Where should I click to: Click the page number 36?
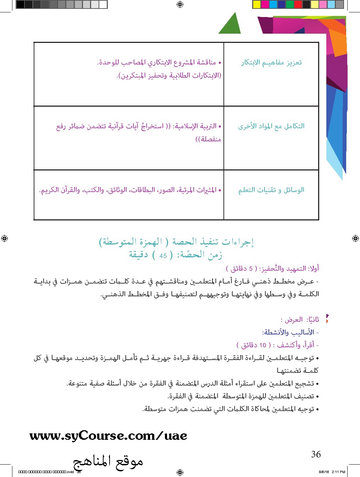pos(316,454)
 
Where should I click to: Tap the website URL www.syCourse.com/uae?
pos(108,436)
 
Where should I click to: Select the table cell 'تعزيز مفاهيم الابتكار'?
pos(271,63)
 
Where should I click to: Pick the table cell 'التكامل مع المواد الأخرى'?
pos(271,126)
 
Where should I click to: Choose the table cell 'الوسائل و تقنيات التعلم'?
pos(271,190)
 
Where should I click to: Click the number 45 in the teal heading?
pos(163,256)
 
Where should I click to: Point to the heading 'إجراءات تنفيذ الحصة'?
pos(213,242)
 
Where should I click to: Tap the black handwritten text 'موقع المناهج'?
pos(108,462)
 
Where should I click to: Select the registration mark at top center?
pos(179,4)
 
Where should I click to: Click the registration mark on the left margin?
pos(4,238)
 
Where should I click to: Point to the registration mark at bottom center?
pos(179,472)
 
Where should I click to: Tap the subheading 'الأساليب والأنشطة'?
pos(289,332)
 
